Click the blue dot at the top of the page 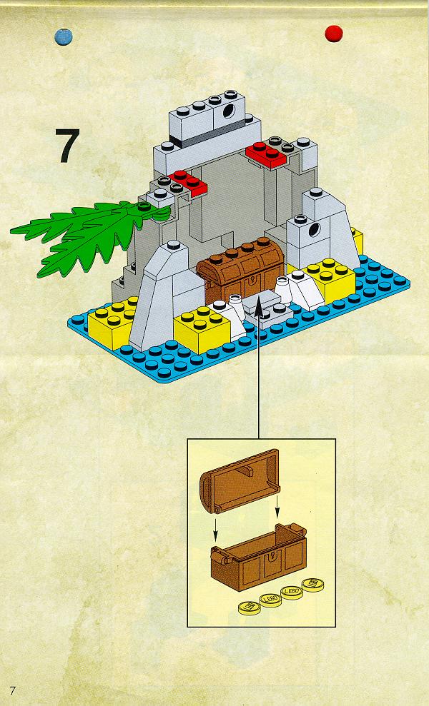pyautogui.click(x=64, y=36)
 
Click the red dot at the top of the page pyautogui.click(x=334, y=34)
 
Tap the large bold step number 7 pyautogui.click(x=68, y=146)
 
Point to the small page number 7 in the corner pyautogui.click(x=12, y=690)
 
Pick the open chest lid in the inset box pyautogui.click(x=240, y=481)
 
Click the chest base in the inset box pyautogui.click(x=259, y=557)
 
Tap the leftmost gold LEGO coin pyautogui.click(x=250, y=607)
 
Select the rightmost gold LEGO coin pyautogui.click(x=313, y=585)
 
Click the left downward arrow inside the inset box pyautogui.click(x=216, y=530)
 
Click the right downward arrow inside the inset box pyautogui.click(x=277, y=506)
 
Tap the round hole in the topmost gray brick pyautogui.click(x=230, y=110)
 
